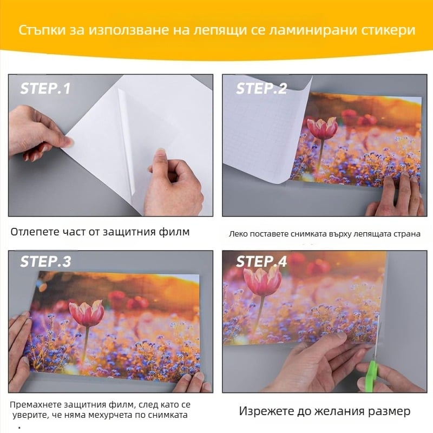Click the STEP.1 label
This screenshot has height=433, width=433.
click(x=45, y=88)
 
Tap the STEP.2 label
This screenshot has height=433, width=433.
click(x=261, y=88)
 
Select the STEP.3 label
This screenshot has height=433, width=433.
click(x=45, y=261)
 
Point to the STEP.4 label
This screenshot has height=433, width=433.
click(x=261, y=261)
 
